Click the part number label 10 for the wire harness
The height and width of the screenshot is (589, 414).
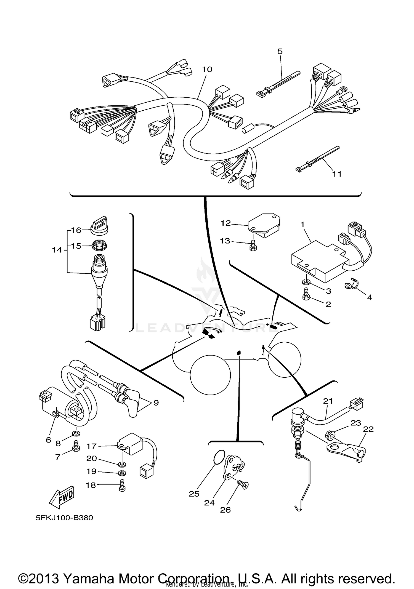[x=207, y=69]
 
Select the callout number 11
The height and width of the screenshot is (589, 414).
[x=337, y=174]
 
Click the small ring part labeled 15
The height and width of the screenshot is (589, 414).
[x=99, y=245]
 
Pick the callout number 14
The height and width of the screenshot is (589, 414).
[x=57, y=250]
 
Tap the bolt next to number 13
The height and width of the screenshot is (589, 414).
[x=253, y=245]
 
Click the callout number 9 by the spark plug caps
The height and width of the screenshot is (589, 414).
[x=156, y=403]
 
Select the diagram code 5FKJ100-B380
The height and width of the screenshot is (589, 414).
[x=64, y=518]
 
